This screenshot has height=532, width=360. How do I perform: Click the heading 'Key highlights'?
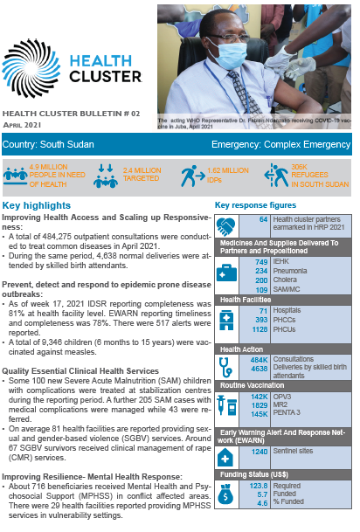pos(37,204)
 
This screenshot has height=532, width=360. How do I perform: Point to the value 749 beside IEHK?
pos(260,262)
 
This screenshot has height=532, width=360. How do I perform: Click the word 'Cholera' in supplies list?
pos(285,280)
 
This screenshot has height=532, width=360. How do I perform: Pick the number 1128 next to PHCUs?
pos(258,330)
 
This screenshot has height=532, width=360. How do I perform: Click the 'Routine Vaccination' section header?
pos(251,384)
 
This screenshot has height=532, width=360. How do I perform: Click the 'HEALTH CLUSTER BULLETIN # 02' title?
pos(72,114)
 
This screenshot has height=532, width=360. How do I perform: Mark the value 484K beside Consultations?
pos(259,359)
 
